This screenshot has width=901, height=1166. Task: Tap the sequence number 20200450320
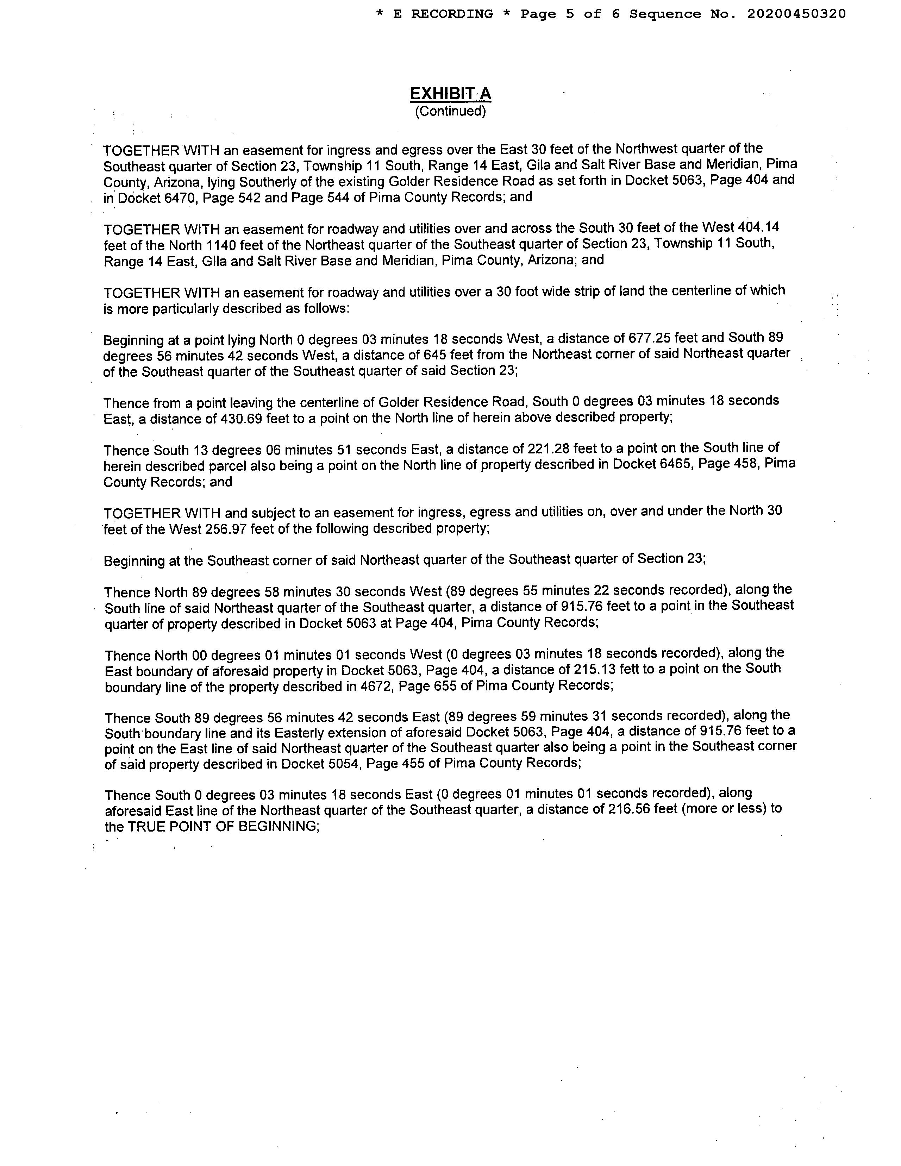[796, 14]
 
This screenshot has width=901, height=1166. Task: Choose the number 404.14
[757, 227]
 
